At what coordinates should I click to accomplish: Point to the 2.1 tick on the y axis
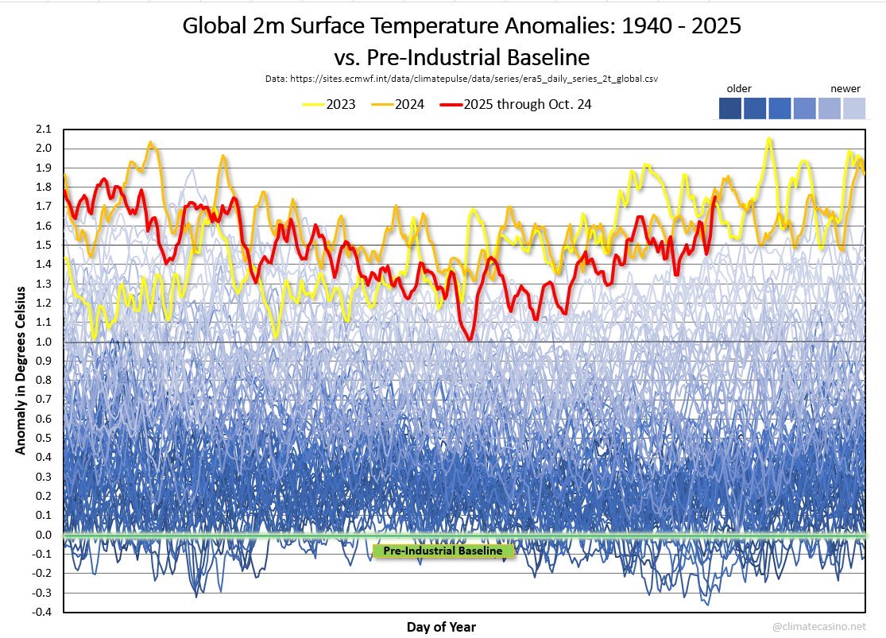coord(42,130)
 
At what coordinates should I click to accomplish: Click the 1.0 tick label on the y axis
coord(42,342)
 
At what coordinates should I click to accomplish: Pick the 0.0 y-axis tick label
coord(42,535)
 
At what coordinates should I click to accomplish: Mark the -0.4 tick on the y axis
coord(41,612)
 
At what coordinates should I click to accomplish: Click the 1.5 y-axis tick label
coord(42,246)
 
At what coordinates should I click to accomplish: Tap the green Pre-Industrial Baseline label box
coord(443,551)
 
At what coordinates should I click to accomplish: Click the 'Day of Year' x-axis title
coord(443,627)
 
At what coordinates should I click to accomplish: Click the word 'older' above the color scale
coord(739,89)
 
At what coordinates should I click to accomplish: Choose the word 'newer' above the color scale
coord(845,89)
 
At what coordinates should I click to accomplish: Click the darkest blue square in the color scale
coord(729,109)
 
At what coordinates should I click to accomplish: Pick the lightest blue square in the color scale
coord(854,109)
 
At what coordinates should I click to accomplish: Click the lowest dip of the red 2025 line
coord(470,338)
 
